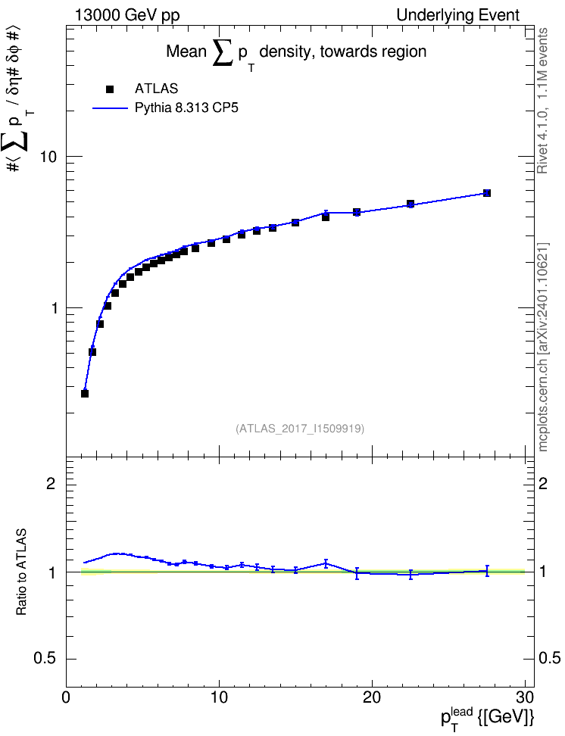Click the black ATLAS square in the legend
tap(110, 89)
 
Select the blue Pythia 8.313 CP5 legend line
tap(111, 108)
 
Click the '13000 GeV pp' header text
tap(127, 15)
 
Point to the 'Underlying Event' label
tap(458, 15)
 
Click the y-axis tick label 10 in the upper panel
tap(48, 157)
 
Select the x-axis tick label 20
tap(372, 697)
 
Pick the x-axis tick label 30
tap(525, 697)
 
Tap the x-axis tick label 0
tap(66, 697)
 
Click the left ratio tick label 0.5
tap(45, 659)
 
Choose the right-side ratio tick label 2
tap(543, 483)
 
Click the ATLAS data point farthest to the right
tap(486, 193)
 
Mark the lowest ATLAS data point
tap(85, 393)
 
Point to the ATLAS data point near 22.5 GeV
tap(410, 204)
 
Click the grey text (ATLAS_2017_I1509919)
tap(300, 428)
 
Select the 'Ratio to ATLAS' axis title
tap(21, 572)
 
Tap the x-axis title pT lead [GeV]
tap(487, 718)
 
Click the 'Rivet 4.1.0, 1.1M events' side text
tap(542, 101)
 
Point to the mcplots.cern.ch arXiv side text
tap(543, 348)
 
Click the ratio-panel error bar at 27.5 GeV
tap(487, 571)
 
